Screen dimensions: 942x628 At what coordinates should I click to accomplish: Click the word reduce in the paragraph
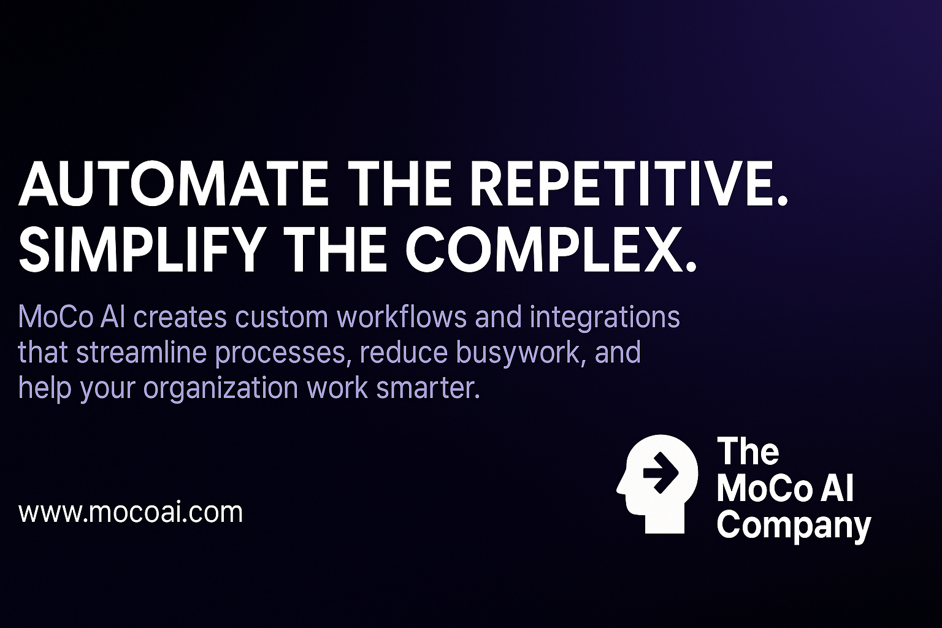(x=404, y=352)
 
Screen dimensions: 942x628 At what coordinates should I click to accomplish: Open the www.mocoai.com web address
(x=131, y=513)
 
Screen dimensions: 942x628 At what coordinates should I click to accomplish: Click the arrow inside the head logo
(x=661, y=472)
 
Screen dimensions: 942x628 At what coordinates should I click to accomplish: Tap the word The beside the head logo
(x=748, y=451)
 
